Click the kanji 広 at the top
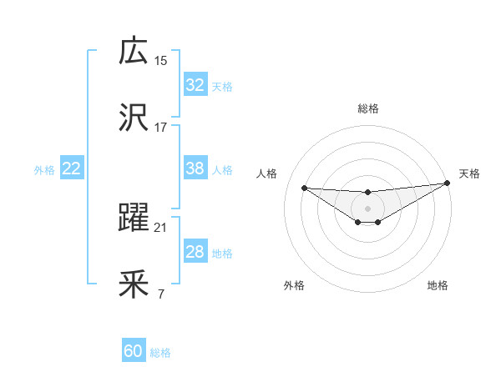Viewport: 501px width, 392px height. click(134, 51)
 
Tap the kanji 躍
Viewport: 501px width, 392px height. click(134, 219)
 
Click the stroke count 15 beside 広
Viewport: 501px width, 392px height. click(161, 60)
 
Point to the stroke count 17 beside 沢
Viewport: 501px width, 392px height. click(161, 128)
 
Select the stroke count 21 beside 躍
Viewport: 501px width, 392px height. click(161, 228)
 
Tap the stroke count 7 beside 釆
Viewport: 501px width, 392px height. click(160, 294)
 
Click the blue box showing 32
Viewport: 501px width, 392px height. click(195, 85)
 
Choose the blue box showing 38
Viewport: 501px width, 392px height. click(195, 168)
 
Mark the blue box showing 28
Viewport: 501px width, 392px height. click(195, 252)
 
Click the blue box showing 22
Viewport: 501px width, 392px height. click(72, 168)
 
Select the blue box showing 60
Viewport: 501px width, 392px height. click(134, 351)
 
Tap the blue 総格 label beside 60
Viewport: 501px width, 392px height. click(160, 353)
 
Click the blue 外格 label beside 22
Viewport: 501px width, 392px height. click(44, 169)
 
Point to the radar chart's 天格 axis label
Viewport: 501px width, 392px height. click(469, 173)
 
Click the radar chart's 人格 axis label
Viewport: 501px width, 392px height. click(266, 173)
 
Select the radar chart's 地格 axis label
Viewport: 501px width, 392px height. click(438, 285)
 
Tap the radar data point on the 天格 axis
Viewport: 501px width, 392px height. click(447, 183)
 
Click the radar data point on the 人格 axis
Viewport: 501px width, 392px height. click(305, 188)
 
